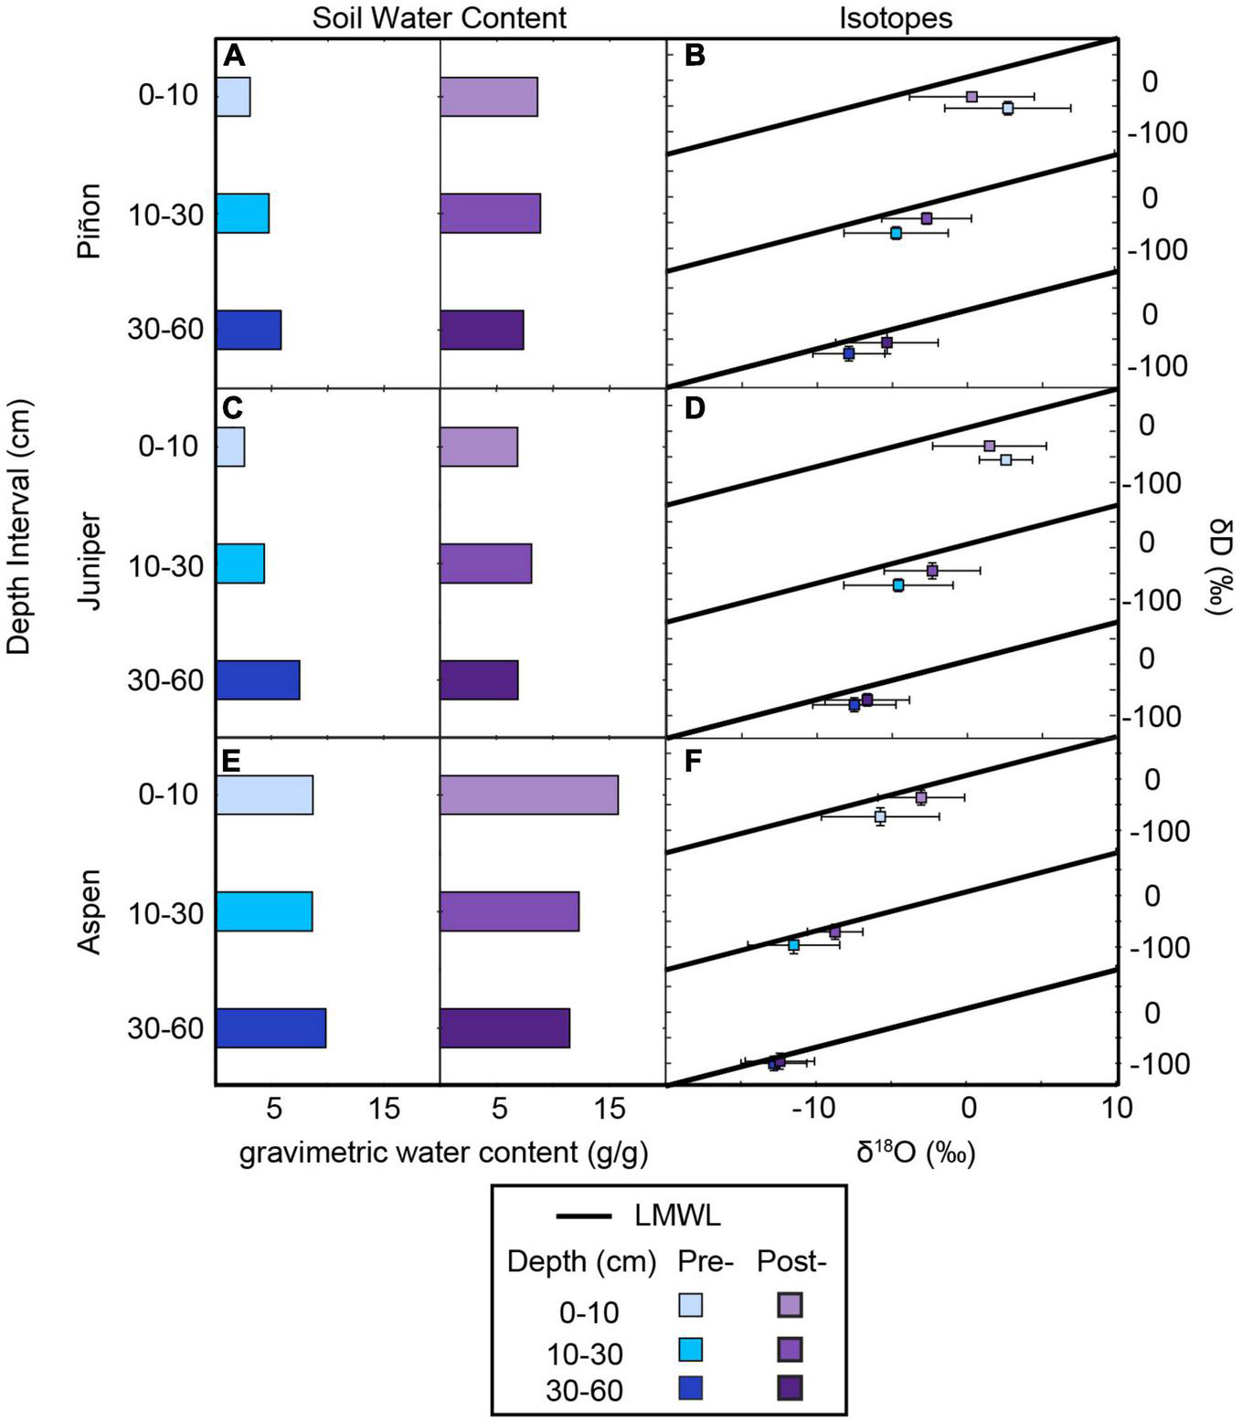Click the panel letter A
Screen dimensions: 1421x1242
point(234,57)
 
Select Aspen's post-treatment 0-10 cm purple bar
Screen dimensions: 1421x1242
point(528,795)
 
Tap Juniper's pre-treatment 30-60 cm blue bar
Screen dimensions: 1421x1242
point(258,679)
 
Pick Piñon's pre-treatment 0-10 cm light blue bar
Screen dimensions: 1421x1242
point(233,97)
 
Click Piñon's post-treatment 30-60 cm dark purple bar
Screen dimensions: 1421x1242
point(482,330)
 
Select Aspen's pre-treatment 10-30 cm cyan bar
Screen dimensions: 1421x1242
point(264,911)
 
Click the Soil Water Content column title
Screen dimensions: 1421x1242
point(439,17)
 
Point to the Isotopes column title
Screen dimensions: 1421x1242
point(895,17)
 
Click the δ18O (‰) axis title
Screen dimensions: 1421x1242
point(916,1153)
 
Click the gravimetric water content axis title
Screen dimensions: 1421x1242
point(443,1153)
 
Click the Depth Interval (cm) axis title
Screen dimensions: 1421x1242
point(18,526)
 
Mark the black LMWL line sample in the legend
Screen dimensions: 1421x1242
point(583,1216)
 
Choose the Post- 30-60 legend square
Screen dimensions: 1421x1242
point(790,1388)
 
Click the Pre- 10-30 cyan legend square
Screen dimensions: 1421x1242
point(691,1349)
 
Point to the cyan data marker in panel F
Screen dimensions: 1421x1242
point(793,944)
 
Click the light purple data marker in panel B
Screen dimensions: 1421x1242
point(971,97)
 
